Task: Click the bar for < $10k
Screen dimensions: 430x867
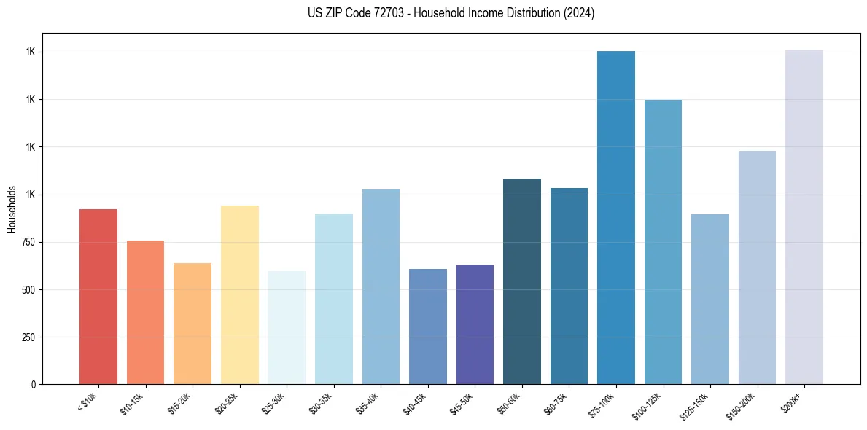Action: click(98, 297)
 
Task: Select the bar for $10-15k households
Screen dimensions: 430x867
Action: click(145, 312)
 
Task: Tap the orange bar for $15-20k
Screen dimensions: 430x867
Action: click(193, 324)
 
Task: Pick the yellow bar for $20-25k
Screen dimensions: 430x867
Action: click(240, 294)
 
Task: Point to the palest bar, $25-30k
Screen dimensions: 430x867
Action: click(287, 328)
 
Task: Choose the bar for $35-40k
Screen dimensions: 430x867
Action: click(381, 286)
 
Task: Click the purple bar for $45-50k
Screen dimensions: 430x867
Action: click(475, 324)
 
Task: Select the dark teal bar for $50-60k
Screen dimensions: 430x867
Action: click(522, 281)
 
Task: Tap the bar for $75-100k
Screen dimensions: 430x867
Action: click(616, 217)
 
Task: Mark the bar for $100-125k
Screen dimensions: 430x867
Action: click(663, 242)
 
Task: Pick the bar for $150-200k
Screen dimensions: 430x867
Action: click(757, 267)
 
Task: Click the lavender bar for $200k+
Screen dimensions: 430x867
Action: click(804, 216)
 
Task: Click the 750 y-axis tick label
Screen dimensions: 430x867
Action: click(28, 243)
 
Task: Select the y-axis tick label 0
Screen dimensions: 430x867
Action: click(33, 385)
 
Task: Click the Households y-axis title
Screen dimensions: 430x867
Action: click(12, 209)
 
